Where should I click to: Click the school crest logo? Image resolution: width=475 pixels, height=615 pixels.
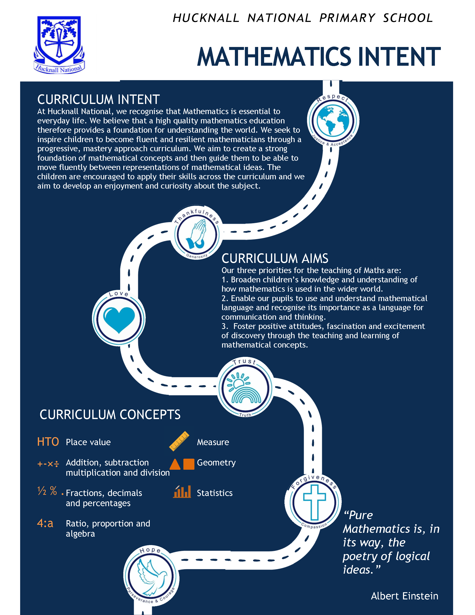(x=59, y=45)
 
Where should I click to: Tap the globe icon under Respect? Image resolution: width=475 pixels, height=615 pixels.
(x=333, y=120)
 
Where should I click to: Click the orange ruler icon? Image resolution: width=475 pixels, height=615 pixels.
(x=179, y=441)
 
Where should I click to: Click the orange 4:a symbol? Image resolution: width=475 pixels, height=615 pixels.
(x=45, y=523)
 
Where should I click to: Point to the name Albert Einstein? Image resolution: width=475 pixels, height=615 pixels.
(x=404, y=596)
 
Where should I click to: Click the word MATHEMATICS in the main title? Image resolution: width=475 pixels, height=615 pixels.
(x=274, y=57)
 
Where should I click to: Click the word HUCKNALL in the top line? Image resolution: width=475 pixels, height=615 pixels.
(x=206, y=18)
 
